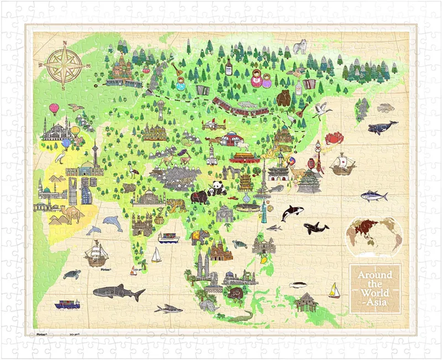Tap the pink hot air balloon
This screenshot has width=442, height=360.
coord(54,108)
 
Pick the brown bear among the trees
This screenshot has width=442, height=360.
coord(284,98)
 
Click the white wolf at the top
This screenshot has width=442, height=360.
coord(300,47)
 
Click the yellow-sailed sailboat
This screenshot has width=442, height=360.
coord(334,290)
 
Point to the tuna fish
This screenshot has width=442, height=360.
coord(374,195)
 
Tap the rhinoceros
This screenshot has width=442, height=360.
coord(208,304)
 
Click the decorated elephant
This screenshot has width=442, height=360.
coord(200,237)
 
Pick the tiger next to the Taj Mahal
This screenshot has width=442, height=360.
coord(176,205)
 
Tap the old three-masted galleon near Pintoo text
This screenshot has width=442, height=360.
coord(96,253)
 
